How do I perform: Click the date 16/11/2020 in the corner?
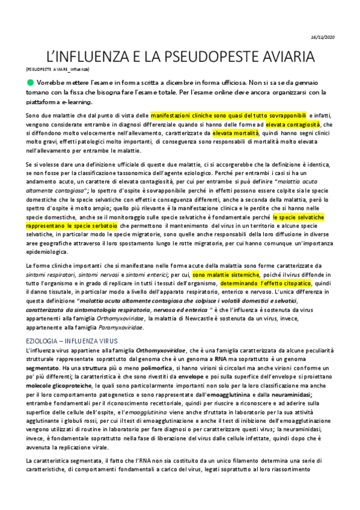(338, 37)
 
